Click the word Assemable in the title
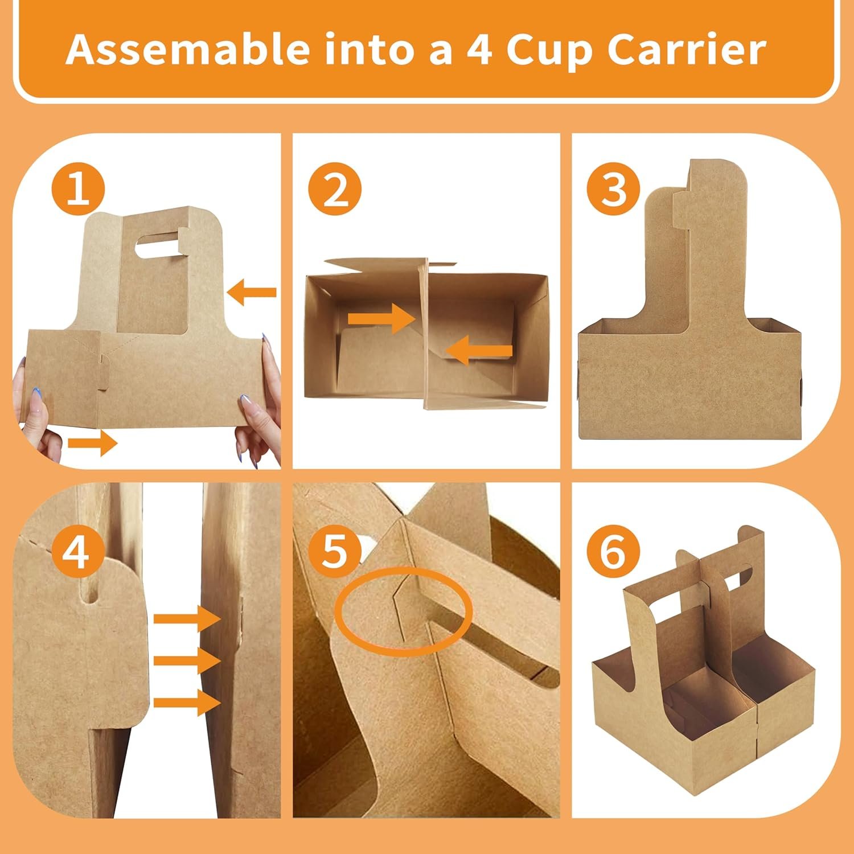coord(188,50)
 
